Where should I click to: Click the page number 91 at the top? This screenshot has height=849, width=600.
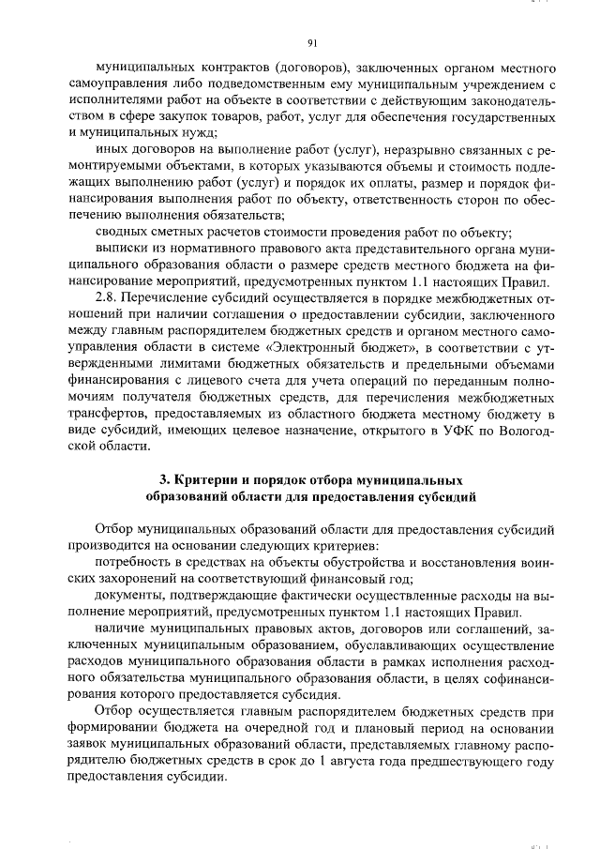coord(312,41)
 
